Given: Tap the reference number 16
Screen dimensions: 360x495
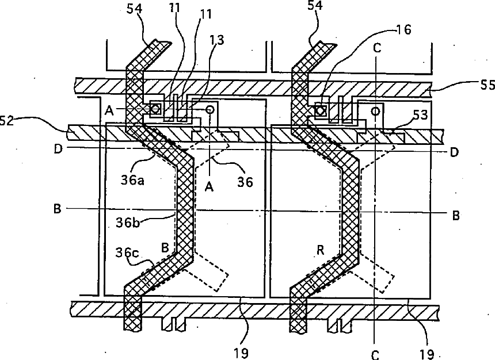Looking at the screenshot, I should tap(405, 30).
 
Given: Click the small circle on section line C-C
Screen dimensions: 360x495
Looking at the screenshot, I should tap(377, 110).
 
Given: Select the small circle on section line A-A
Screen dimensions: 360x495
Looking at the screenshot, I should tap(210, 108).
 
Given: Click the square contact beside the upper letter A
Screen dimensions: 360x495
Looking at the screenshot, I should tap(155, 108).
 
